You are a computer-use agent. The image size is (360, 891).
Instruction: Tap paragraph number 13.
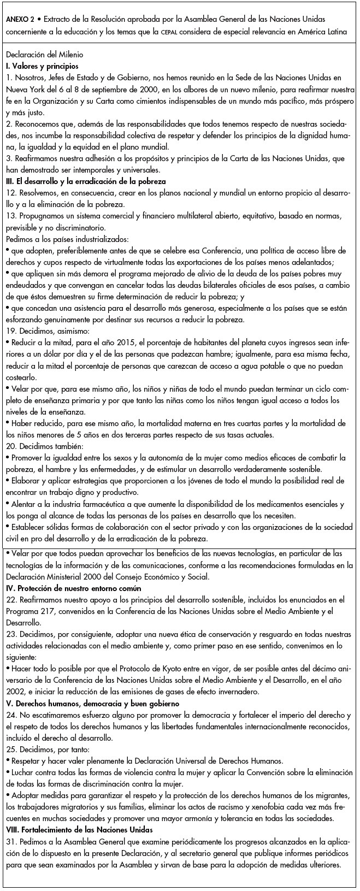11,215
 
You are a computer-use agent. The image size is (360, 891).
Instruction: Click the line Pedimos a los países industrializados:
66,239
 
